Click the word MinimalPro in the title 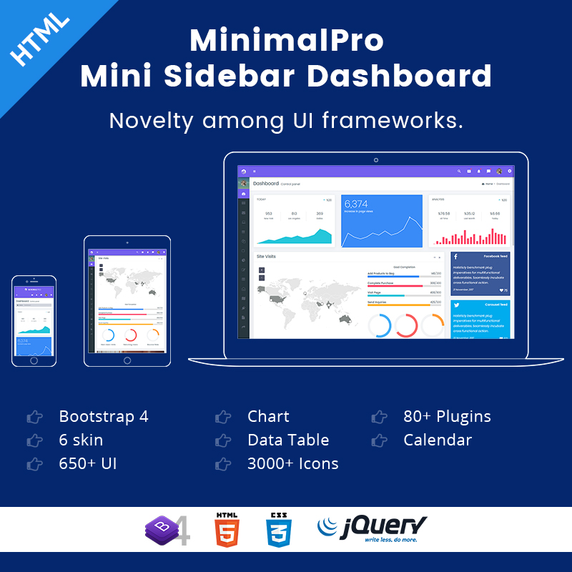(286, 41)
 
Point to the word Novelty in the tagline (152, 119)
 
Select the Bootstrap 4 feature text (104, 416)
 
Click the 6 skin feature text (81, 440)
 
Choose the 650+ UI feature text (87, 463)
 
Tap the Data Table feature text (288, 440)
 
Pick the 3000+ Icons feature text (292, 463)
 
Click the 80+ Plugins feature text (447, 416)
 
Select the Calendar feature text (438, 440)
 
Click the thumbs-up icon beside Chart (223, 416)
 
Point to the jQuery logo (372, 529)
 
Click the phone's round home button (34, 360)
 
